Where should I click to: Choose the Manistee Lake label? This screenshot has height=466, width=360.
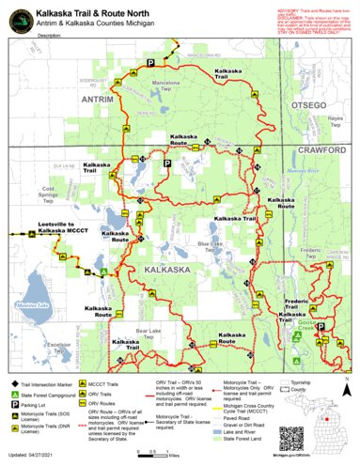pos(31,306)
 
